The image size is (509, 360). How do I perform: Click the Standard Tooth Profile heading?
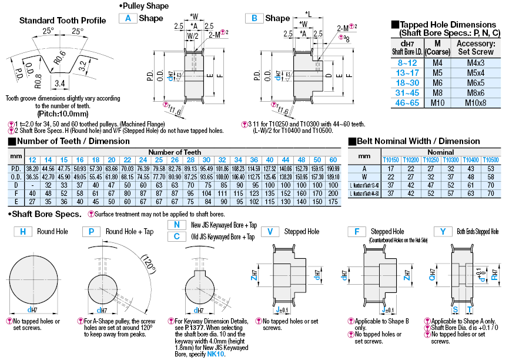click(63, 20)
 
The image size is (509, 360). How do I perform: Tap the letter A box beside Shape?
click(128, 18)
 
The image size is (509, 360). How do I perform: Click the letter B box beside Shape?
click(254, 18)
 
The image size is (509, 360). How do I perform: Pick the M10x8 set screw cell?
click(477, 103)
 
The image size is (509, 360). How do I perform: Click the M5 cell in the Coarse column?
click(437, 72)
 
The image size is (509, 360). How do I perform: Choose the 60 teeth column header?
click(333, 160)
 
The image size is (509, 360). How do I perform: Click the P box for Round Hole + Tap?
click(92, 232)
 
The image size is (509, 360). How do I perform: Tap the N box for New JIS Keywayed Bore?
click(176, 225)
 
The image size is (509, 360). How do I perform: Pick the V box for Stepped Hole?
click(270, 232)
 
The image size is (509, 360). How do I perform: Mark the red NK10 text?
click(216, 354)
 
